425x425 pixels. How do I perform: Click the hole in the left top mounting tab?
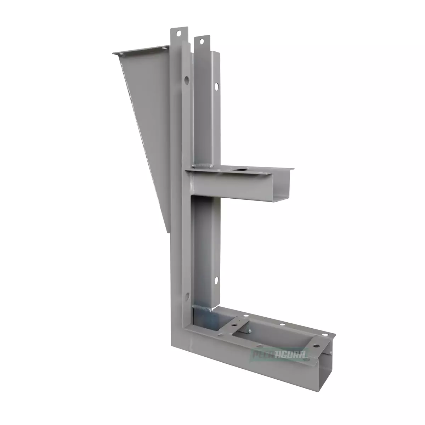(178, 33)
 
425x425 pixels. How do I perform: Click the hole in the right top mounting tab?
(201, 41)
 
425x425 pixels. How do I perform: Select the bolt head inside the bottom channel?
(249, 331)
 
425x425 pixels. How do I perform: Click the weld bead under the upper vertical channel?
(203, 166)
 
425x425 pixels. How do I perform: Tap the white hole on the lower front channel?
(216, 282)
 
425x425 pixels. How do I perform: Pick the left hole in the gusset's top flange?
(121, 55)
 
